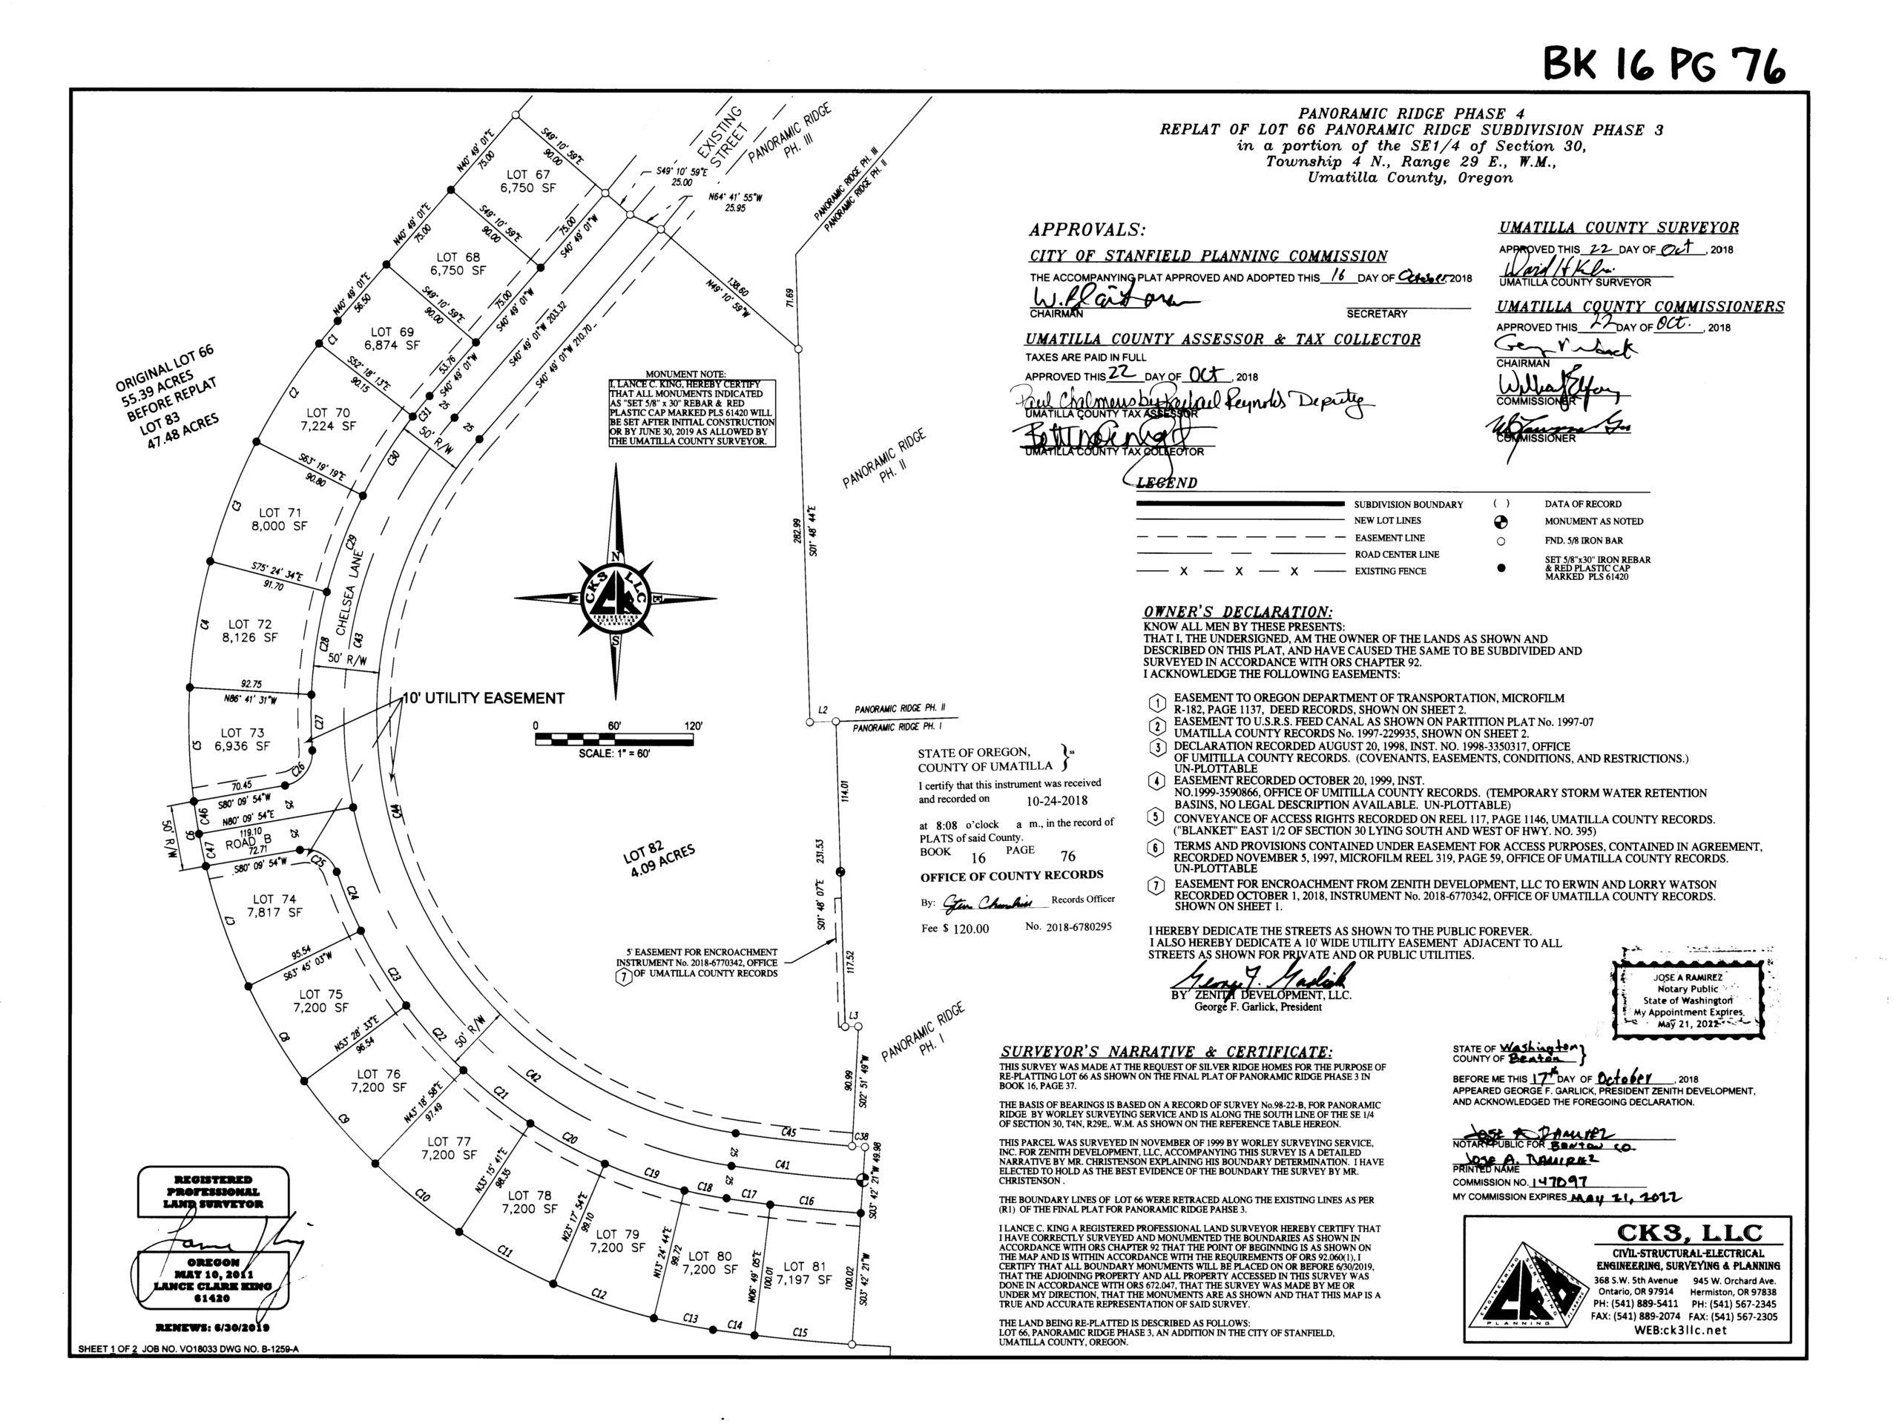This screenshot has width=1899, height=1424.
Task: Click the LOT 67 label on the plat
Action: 528,174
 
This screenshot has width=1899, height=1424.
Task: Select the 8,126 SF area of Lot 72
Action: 250,638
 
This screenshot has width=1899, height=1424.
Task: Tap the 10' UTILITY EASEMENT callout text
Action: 484,698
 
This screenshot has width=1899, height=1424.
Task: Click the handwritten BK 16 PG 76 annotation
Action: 1663,62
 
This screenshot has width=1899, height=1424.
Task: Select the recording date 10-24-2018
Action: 1057,800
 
